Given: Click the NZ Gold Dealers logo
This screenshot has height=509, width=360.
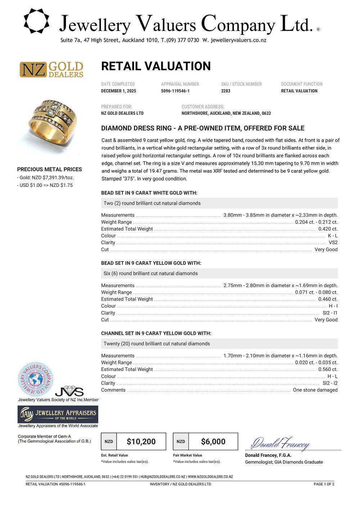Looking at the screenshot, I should coord(51,69).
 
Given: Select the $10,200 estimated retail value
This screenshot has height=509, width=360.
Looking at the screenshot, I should coord(141,441).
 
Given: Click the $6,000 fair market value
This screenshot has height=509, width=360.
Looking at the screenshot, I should coord(213,441).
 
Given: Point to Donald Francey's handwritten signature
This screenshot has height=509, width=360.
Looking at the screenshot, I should coord(280,443).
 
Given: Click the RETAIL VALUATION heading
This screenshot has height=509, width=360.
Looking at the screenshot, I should coord(156,66).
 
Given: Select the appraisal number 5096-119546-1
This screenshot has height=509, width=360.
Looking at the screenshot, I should coord(175,91).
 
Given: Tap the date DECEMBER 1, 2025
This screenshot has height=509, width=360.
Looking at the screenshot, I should coord(118,91).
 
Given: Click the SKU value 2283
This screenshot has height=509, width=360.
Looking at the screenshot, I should coord(226,91).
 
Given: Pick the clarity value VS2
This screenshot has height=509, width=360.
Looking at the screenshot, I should coord(333,242).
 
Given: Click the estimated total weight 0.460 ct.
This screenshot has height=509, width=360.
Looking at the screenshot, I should coord(328,299).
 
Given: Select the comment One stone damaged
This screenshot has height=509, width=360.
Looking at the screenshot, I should coord(315,390).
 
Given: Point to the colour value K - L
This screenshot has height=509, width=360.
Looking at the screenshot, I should coord(333,236).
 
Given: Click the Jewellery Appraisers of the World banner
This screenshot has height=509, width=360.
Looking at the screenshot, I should coord(58,415).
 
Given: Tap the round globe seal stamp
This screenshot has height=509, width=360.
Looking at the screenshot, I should coord(35,379).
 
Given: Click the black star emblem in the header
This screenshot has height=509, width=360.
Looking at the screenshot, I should coord(36,21).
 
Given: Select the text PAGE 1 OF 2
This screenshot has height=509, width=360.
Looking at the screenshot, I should coord(324,484).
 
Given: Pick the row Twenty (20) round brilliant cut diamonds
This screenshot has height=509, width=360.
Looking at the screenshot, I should coord(157,344).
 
